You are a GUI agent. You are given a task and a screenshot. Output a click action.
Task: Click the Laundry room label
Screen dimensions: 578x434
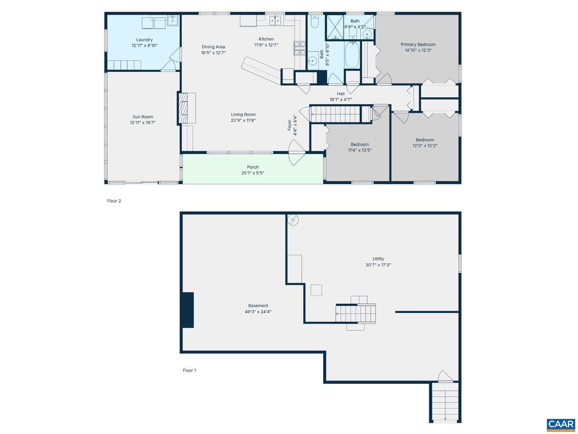point(144,40)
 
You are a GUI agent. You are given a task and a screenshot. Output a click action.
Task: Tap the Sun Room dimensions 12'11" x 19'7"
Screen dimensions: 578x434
point(142,123)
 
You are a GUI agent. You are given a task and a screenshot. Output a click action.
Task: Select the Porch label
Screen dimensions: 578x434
point(252,167)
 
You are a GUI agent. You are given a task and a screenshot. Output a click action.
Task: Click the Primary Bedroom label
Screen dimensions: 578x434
point(418,45)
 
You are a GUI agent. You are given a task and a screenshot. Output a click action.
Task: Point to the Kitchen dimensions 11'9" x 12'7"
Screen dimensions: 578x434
point(266,45)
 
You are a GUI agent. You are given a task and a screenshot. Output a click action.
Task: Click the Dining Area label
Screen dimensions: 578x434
point(213,47)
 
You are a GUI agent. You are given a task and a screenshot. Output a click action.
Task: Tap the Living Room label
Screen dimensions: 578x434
point(243,115)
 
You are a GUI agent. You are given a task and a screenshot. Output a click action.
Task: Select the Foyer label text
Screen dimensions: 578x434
point(289,125)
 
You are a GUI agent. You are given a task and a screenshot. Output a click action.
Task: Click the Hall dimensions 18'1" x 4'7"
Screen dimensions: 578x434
point(340,100)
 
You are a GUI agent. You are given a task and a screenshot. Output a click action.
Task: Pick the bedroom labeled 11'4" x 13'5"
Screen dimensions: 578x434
point(360,147)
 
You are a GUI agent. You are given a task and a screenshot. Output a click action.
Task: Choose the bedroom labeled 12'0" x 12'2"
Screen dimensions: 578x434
point(425,143)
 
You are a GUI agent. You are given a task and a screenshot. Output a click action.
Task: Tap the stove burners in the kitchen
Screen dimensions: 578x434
point(299,48)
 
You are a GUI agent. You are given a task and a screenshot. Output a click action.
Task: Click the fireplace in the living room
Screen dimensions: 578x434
point(186,108)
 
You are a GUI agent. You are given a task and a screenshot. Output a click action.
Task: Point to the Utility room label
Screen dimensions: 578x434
point(378,259)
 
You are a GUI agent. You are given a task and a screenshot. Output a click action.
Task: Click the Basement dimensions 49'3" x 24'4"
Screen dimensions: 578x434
point(258,311)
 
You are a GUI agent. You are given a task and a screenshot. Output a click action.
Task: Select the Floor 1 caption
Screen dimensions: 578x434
point(189,371)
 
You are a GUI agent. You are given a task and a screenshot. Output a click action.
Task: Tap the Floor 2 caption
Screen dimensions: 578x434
point(114,201)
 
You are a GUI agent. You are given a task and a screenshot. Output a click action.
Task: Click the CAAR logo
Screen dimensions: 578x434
point(561,425)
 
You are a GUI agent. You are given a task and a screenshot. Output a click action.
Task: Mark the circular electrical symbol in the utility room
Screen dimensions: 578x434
point(293,220)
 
